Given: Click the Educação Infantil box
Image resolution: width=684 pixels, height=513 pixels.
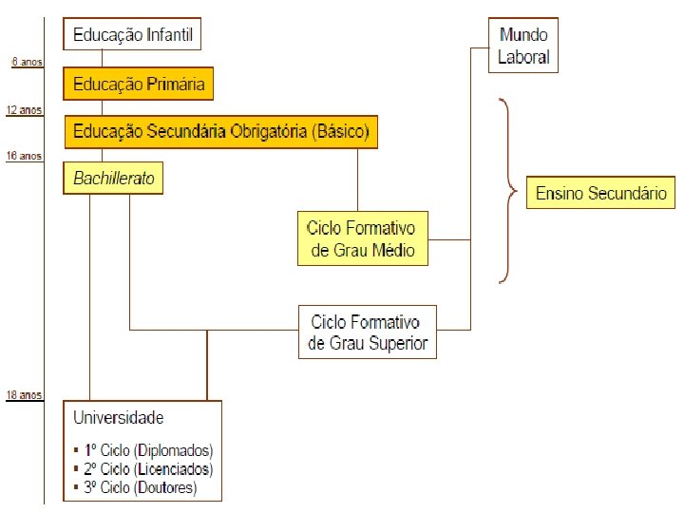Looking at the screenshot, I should click(133, 36).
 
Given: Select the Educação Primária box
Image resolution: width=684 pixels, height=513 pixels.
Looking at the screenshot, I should click(139, 84).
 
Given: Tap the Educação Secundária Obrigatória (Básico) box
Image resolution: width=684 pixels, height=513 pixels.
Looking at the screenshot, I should click(220, 131).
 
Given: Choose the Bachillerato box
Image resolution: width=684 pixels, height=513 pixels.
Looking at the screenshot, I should click(113, 178).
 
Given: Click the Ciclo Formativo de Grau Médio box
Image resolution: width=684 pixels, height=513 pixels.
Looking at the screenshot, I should click(362, 239).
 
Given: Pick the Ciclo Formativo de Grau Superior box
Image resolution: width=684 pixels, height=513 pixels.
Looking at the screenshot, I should click(369, 332).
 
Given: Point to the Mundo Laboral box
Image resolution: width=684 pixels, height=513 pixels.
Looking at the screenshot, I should click(523, 46).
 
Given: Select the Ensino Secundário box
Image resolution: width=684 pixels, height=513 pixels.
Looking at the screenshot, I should click(601, 194).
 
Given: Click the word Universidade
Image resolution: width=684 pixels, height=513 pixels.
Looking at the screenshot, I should click(118, 418).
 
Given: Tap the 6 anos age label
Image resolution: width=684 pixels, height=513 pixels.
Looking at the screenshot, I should click(26, 62).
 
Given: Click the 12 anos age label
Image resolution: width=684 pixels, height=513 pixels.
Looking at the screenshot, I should click(24, 110).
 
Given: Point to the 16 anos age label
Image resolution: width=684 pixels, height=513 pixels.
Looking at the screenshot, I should click(24, 155).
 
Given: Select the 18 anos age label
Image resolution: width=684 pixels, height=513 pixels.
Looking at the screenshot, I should click(24, 394).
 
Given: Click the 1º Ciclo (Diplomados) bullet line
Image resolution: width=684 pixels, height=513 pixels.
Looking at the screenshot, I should click(144, 450).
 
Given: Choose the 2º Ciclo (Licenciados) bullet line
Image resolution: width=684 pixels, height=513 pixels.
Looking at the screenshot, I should click(144, 469).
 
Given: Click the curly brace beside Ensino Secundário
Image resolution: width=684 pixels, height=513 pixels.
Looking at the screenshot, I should click(508, 192).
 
